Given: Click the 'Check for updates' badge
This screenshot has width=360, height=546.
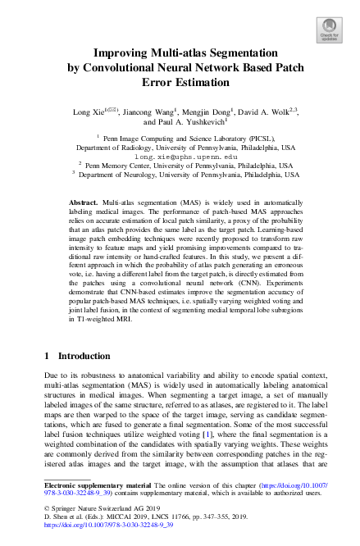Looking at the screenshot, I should coord(328,30).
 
